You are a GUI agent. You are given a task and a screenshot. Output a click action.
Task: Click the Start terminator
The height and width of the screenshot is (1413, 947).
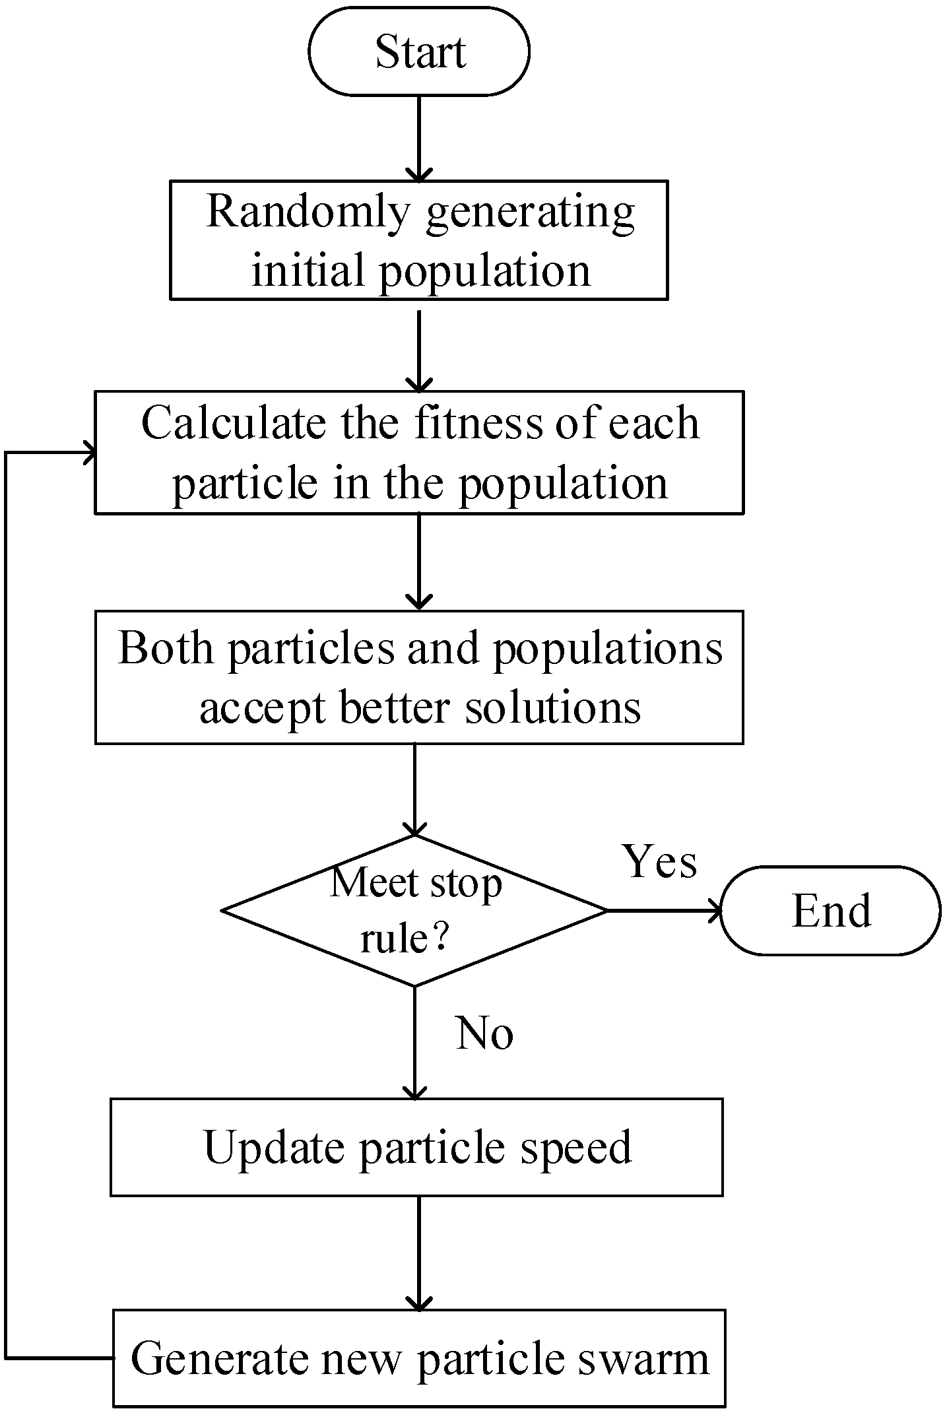419,51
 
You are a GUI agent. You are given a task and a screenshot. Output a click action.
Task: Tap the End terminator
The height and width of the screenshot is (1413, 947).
830,911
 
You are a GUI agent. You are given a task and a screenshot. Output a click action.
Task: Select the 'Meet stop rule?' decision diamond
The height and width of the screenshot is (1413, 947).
414,911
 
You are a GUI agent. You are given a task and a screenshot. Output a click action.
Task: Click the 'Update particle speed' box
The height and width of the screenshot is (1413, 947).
416,1147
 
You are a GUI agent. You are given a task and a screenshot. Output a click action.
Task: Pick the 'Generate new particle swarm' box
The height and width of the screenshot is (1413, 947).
419,1358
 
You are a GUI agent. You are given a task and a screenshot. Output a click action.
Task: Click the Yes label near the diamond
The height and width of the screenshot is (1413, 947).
660,861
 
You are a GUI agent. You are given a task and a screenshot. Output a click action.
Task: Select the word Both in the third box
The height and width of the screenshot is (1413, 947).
166,648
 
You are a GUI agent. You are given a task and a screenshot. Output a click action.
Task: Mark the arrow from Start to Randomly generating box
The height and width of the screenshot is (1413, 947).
419,139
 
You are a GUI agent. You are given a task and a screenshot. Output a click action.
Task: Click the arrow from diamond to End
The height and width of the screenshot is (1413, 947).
663,911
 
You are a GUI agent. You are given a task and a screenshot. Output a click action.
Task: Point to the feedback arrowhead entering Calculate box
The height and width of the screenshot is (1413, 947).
89,453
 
